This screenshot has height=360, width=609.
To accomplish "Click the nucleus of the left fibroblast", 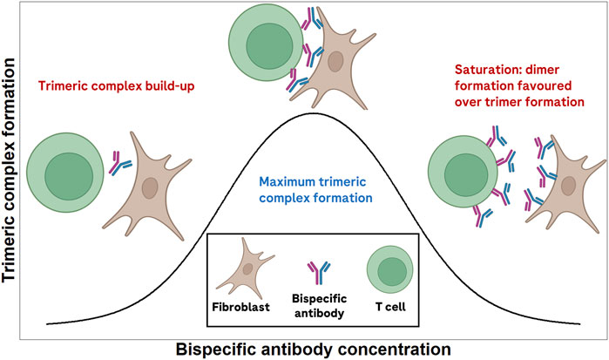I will pyautogui.click(x=150, y=187).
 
